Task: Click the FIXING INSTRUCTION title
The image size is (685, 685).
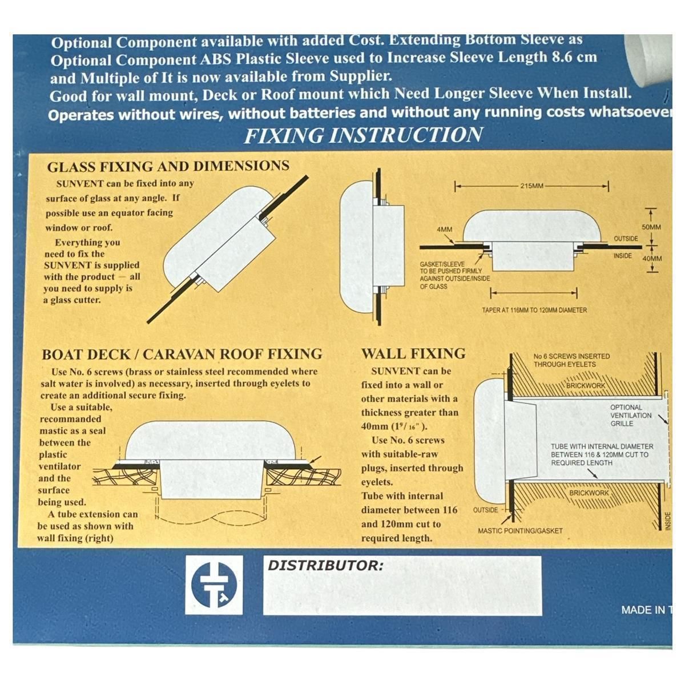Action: click(x=363, y=135)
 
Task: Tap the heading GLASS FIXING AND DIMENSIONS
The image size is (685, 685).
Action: click(x=168, y=166)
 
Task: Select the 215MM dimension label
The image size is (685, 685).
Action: click(x=532, y=186)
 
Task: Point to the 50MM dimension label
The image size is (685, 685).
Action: click(x=651, y=227)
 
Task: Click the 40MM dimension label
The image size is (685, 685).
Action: click(x=652, y=259)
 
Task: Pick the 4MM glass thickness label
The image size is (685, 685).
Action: click(x=444, y=229)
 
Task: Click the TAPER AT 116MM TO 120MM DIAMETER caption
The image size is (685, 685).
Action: click(x=534, y=311)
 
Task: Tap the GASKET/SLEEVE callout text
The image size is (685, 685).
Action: click(x=454, y=275)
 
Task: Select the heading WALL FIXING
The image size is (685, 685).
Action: click(x=413, y=354)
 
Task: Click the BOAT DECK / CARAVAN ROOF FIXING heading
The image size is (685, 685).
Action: click(x=182, y=354)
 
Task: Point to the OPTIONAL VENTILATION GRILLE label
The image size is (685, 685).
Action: click(x=631, y=416)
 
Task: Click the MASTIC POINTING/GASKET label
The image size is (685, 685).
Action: click(x=520, y=531)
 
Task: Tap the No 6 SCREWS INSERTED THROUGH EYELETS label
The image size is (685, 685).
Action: click(x=571, y=360)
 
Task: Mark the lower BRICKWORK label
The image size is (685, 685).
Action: click(x=589, y=493)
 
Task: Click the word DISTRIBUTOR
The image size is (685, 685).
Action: click(x=325, y=565)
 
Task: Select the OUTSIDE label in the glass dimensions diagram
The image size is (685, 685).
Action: click(x=626, y=239)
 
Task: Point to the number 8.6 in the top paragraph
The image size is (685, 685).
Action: click(x=563, y=57)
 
